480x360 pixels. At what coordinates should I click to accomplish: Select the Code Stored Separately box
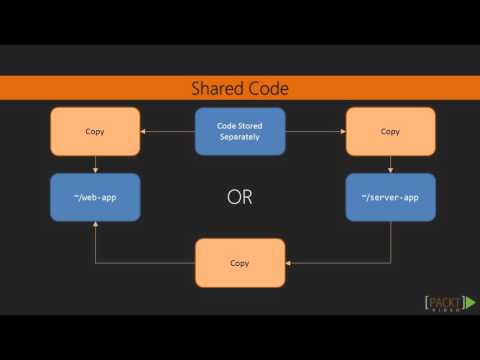[240, 131]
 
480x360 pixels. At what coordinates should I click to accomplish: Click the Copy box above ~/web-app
[95, 131]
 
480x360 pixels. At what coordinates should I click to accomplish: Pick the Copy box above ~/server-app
[390, 131]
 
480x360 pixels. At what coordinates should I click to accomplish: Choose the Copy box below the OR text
[240, 263]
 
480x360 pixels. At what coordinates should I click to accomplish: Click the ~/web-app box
[95, 197]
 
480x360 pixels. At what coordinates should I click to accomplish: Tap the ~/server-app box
[390, 197]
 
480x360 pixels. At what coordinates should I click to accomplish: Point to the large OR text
[240, 197]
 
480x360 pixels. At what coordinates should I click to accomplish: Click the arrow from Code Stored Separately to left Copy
[168, 131]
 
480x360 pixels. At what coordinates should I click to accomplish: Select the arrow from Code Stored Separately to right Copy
[315, 131]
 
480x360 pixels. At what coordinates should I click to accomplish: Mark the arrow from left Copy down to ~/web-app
[95, 164]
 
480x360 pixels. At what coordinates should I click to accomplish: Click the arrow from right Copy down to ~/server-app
[390, 164]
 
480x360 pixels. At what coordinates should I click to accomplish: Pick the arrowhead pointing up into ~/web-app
[95, 225]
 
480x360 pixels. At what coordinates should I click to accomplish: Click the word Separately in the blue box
[240, 137]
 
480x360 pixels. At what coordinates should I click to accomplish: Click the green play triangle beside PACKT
[470, 300]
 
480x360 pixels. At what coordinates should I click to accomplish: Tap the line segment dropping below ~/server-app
[390, 242]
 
